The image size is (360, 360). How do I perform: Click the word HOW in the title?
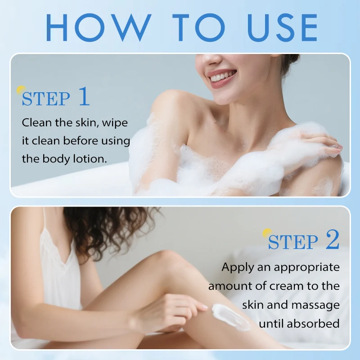coord(99,27)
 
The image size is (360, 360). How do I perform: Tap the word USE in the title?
coord(283,27)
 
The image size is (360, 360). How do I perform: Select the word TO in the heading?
coord(198,27)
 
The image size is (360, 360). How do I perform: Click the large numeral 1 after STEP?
coord(84,96)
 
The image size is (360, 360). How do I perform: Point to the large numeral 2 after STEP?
coord(332,239)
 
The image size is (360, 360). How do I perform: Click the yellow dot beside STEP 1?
coord(21,90)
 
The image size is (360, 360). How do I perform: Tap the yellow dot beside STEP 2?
coord(267,233)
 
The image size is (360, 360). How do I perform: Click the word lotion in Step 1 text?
coord(90,159)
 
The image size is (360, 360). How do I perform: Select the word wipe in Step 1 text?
coord(115,123)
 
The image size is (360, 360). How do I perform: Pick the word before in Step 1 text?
coord(81,140)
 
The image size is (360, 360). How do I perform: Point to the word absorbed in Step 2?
coord(313,324)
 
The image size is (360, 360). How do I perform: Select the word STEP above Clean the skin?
coord(46,99)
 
